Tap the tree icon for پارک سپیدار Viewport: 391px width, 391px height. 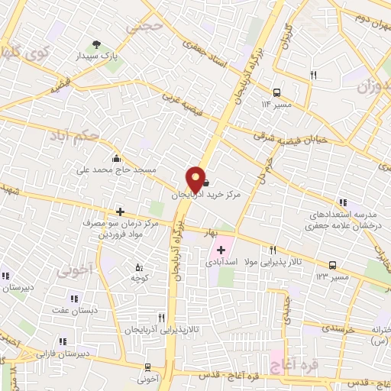pyautogui.click(x=97, y=44)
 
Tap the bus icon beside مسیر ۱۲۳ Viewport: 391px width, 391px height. pyautogui.click(x=333, y=264)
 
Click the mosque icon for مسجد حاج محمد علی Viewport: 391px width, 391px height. pyautogui.click(x=115, y=158)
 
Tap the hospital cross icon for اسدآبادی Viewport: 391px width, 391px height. pyautogui.click(x=221, y=250)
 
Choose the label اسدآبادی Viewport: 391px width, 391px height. pyautogui.click(x=222, y=262)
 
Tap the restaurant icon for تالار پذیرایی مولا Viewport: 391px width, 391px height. pyautogui.click(x=274, y=249)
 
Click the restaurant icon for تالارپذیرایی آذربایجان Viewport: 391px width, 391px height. pyautogui.click(x=160, y=317)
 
